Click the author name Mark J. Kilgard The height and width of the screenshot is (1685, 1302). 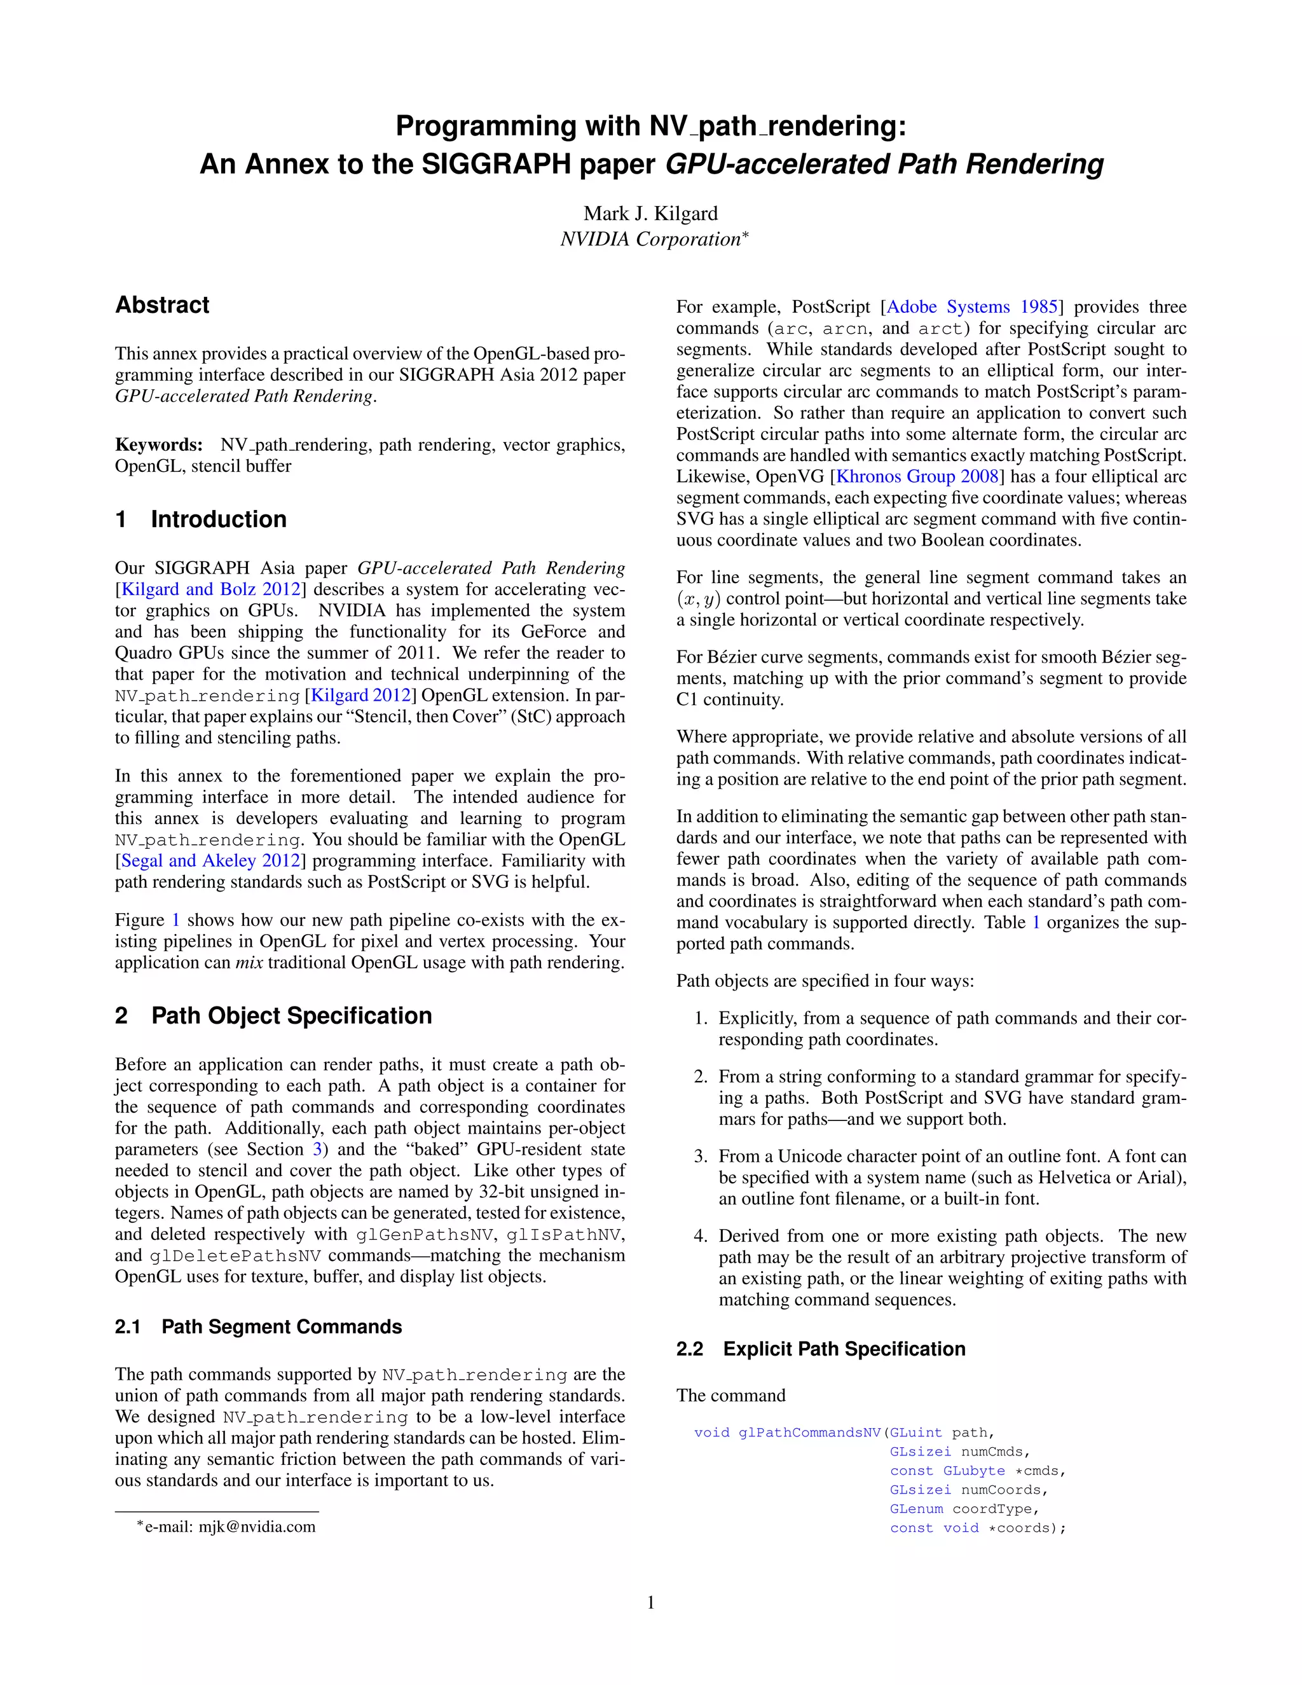[650, 213]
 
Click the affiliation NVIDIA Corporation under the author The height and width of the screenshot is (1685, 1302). [650, 239]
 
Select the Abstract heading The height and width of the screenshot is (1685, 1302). [162, 305]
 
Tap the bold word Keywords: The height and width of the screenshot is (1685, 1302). [158, 445]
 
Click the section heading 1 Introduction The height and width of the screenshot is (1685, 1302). [200, 519]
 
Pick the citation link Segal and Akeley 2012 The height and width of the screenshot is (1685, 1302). [210, 861]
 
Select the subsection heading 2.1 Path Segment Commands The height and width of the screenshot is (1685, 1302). [258, 1327]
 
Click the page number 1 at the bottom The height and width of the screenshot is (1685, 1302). [650, 1603]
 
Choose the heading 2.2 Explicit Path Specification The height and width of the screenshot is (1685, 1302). [821, 1349]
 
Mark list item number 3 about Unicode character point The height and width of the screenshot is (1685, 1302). [952, 1178]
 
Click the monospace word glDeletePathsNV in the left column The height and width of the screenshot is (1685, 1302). [235, 1255]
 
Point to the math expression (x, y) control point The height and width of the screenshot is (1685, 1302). [699, 600]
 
